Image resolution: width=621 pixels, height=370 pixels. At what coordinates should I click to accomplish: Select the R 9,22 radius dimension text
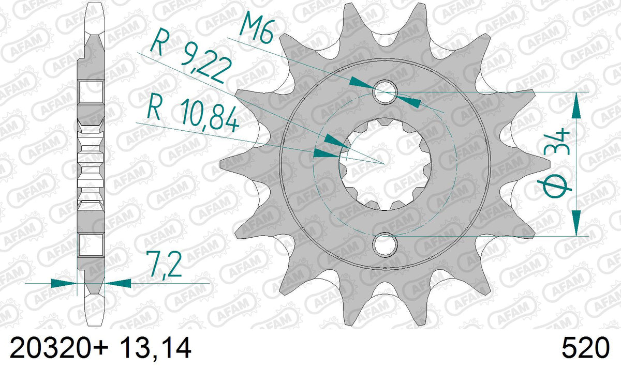click(x=191, y=56)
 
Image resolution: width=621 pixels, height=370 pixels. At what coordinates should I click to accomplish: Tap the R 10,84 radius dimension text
click(x=193, y=116)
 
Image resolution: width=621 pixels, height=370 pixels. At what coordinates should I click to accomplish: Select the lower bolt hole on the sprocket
click(x=385, y=244)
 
